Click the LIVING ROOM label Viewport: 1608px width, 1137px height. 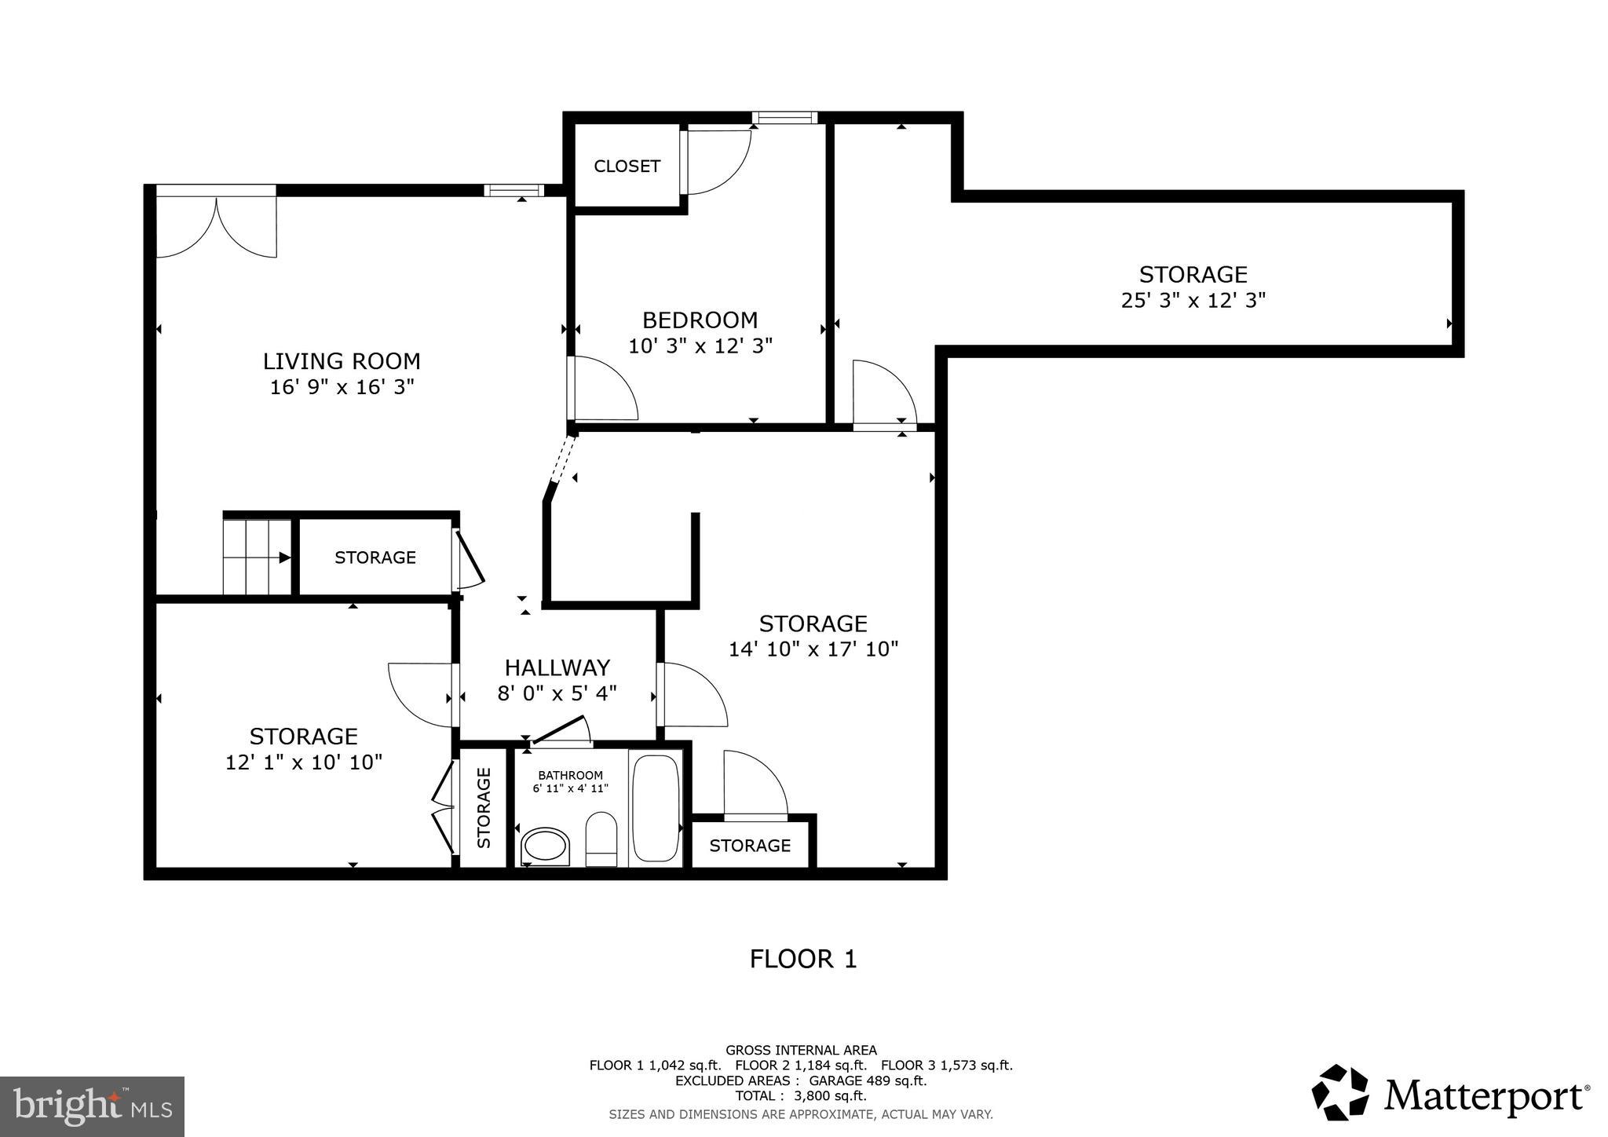342,361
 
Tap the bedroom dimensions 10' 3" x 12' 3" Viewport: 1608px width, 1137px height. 700,345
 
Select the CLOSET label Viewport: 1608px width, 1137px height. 627,166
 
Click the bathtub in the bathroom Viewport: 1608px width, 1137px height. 656,808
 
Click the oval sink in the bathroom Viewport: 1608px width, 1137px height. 545,846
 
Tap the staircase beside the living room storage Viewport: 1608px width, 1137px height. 256,557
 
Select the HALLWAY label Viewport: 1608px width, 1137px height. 557,667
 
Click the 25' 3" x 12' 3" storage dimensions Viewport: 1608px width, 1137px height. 1193,301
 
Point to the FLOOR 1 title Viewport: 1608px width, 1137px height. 802,959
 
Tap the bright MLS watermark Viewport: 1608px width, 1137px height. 92,1106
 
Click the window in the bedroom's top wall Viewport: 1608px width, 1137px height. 784,118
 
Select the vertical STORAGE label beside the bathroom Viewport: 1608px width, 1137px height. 484,807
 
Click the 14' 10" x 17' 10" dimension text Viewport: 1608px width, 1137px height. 813,649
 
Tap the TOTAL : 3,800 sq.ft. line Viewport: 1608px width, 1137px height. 800,1095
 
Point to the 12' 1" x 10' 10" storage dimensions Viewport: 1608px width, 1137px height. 304,762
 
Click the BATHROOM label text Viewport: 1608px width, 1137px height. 570,775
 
